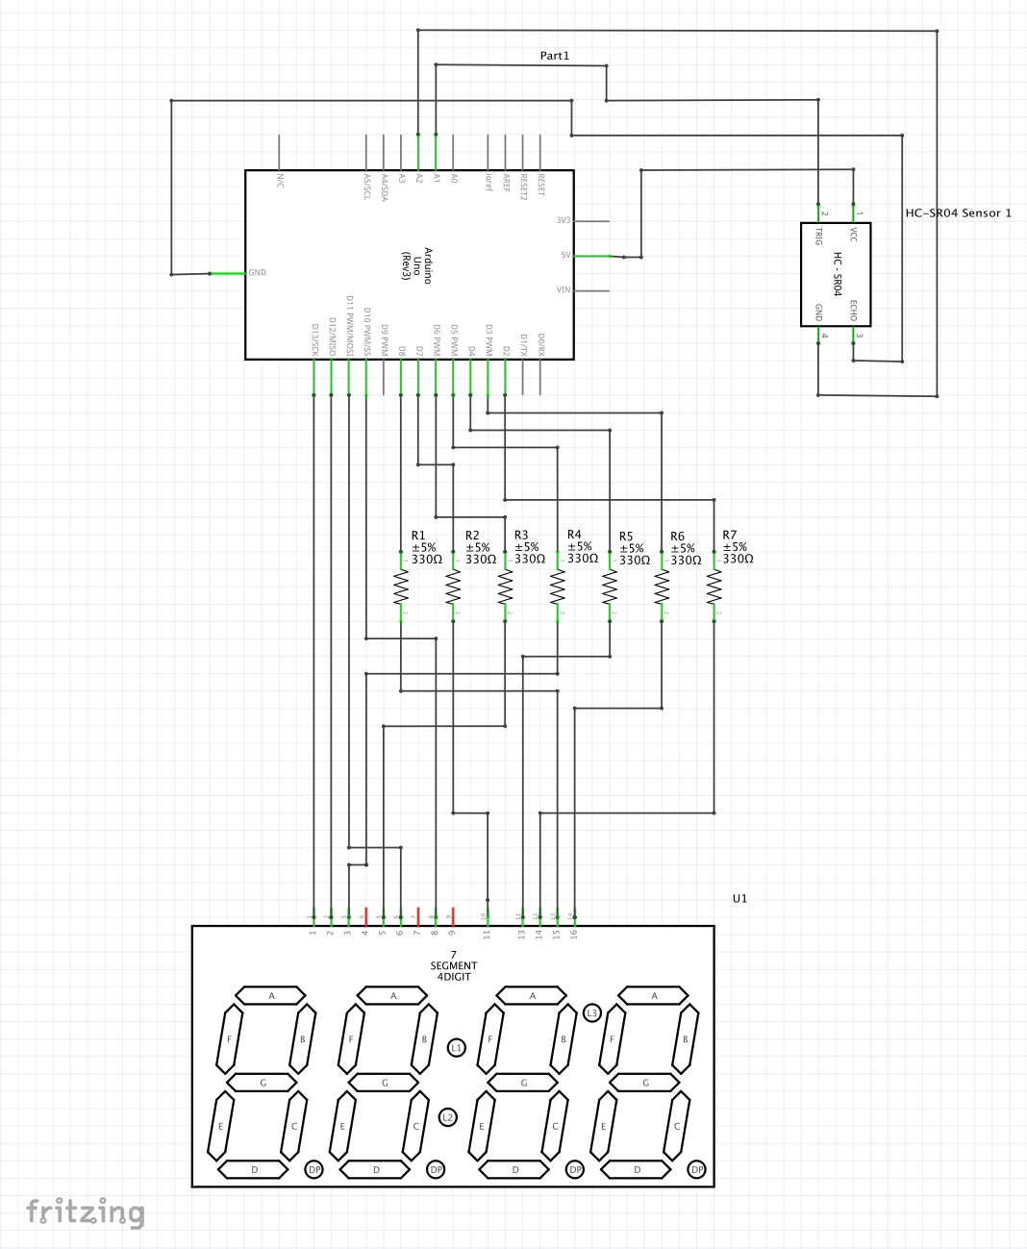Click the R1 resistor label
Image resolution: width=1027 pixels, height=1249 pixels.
point(418,536)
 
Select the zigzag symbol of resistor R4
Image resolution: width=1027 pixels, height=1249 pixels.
point(558,587)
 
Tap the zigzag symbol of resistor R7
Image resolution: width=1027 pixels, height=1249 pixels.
point(714,587)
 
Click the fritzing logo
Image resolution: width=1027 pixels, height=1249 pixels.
point(86,1212)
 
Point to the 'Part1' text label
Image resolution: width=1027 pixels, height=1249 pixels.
point(555,56)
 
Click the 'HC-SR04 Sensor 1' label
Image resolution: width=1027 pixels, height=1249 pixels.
point(958,212)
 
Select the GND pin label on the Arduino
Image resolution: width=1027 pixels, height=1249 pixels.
point(258,273)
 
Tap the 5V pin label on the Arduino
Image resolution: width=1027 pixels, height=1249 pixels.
point(565,256)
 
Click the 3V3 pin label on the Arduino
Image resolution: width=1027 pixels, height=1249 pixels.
point(563,221)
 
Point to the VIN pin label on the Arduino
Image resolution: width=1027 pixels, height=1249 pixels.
point(564,290)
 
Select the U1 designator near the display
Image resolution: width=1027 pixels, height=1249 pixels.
point(739,898)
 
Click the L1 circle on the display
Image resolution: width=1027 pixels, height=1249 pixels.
point(457,1047)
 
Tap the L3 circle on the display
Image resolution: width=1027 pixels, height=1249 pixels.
point(592,1012)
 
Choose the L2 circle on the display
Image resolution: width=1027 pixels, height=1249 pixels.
point(447,1117)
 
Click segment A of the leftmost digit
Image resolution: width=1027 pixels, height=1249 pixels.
point(271,995)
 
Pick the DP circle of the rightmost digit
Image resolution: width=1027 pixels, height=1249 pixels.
point(697,1169)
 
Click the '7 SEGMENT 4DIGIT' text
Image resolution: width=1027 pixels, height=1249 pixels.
point(453,965)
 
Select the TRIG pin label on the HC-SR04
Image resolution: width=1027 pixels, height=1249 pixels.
point(819,236)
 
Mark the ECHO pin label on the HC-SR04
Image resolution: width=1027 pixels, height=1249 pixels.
point(853,311)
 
